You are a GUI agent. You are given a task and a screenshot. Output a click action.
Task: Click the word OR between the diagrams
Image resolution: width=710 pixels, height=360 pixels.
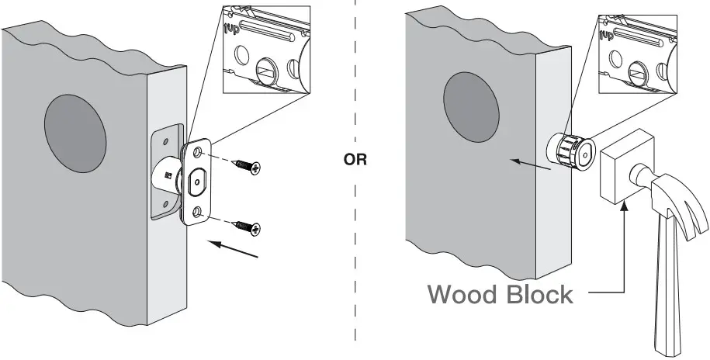355,163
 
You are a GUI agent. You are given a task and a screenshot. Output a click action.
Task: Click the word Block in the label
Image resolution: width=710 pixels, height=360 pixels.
539,295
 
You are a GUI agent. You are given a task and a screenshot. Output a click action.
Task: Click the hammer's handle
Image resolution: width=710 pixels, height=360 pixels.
674,295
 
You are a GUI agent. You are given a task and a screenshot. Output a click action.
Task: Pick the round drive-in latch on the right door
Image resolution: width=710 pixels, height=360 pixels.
571,151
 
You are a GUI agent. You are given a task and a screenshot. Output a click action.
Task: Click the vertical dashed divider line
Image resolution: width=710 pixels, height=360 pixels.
355,256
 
